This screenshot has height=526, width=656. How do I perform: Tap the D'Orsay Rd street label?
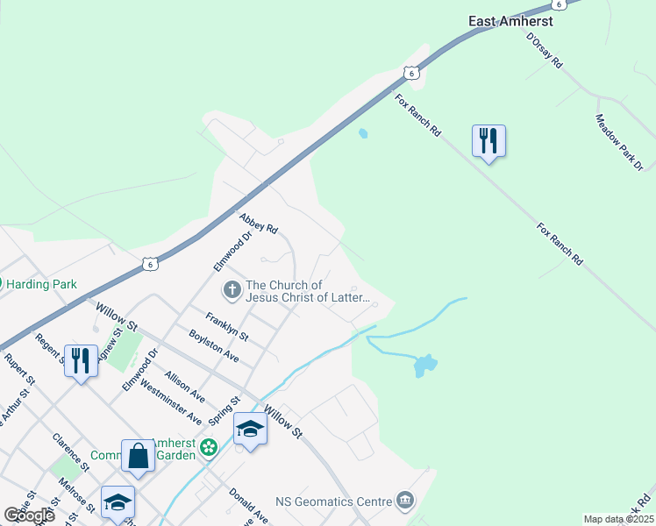point(544,52)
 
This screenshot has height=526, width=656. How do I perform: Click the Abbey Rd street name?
point(259,223)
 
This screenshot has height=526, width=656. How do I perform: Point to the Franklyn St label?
point(227,326)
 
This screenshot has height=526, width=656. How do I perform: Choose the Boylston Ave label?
point(214,345)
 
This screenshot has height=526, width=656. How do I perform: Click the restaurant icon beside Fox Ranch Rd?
point(488,140)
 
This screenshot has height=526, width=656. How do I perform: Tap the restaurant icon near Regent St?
point(80,360)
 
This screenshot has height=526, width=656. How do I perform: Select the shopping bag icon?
point(138,455)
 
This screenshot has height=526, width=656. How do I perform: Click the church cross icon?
point(232,288)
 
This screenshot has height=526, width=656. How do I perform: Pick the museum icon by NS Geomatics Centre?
point(404,501)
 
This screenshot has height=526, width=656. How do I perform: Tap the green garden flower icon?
point(209,449)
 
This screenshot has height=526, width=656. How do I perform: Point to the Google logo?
point(29,515)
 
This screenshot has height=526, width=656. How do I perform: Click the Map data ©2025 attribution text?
point(617,519)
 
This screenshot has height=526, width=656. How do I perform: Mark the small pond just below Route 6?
point(363,134)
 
